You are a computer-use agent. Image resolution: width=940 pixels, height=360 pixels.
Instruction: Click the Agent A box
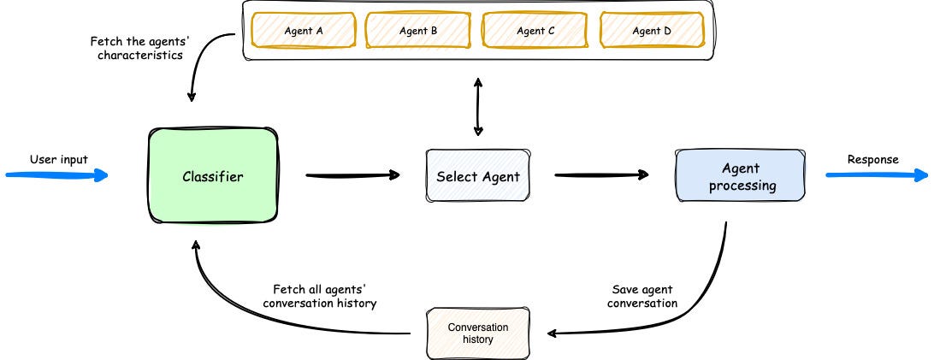tap(303, 31)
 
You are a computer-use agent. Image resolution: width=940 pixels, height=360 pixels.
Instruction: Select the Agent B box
tap(418, 31)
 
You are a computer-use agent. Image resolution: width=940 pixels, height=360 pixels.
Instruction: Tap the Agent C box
tap(535, 31)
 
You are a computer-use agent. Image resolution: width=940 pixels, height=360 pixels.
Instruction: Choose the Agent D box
tap(651, 31)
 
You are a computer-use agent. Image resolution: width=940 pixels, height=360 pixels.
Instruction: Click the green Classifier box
tap(213, 177)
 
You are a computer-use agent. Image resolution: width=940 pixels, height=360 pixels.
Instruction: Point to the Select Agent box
tap(477, 177)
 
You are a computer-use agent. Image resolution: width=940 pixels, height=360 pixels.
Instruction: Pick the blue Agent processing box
tap(740, 176)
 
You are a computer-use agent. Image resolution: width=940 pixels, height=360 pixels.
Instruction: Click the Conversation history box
tap(478, 333)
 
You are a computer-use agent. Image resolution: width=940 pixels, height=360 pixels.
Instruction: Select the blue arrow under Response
tap(877, 175)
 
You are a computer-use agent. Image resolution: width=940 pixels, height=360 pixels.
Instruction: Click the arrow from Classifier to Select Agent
tap(352, 176)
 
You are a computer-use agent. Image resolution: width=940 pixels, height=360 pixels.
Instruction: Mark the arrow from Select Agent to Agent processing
tap(601, 176)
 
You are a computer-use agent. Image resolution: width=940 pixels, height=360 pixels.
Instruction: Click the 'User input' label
tap(58, 159)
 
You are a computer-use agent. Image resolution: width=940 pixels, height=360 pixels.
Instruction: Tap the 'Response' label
tap(872, 159)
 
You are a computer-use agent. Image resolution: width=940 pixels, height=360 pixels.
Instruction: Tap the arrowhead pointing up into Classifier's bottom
tap(197, 246)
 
